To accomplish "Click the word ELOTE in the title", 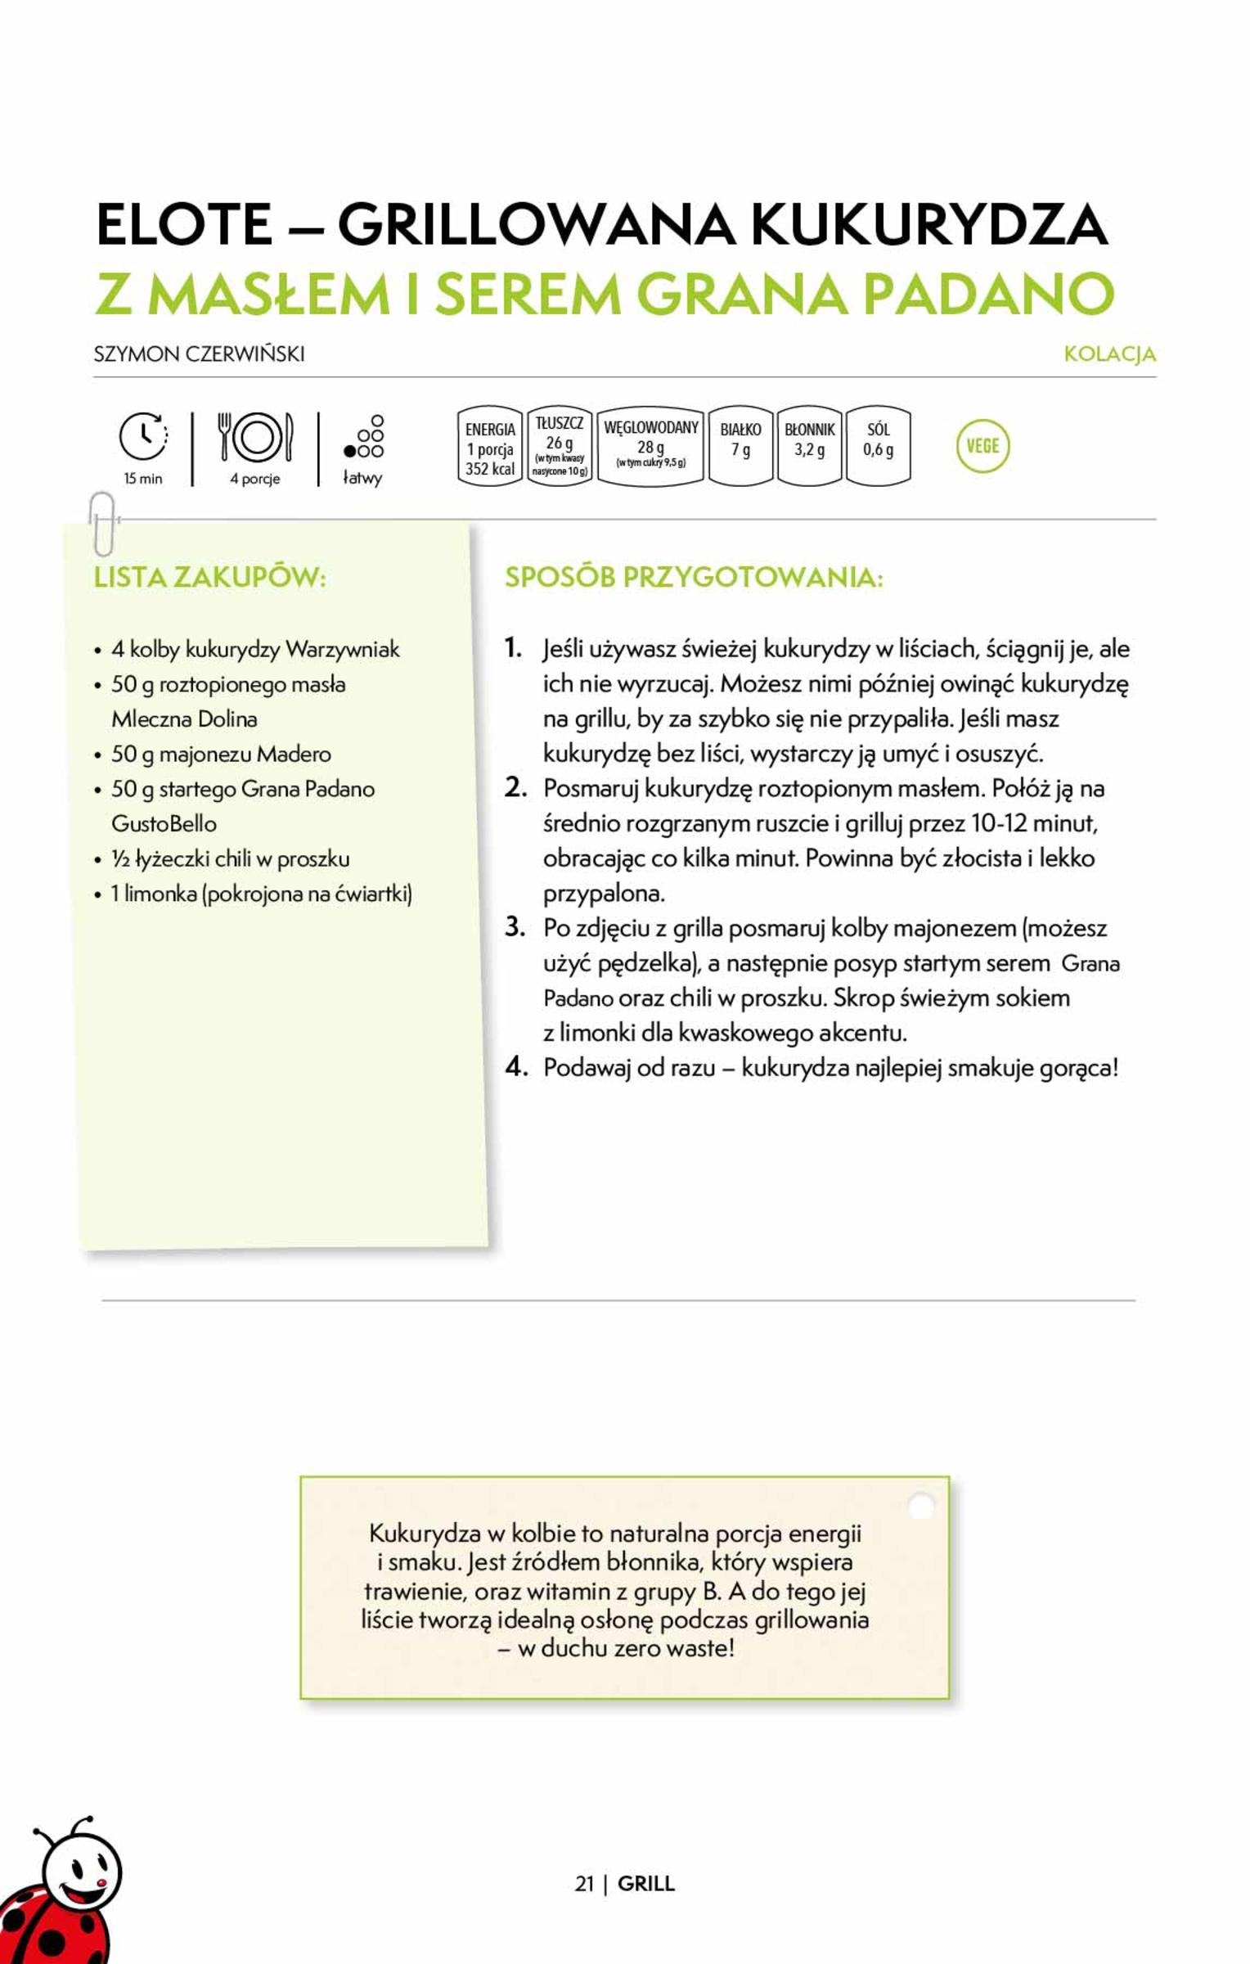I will pyautogui.click(x=184, y=223).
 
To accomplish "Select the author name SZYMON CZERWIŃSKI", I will pyautogui.click(x=199, y=354).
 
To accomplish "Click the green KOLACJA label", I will pyautogui.click(x=1109, y=354).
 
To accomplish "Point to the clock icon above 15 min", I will pyautogui.click(x=143, y=436).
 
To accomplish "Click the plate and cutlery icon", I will pyautogui.click(x=255, y=437).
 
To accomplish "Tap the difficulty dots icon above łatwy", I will pyautogui.click(x=364, y=437).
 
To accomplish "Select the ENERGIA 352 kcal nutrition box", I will pyautogui.click(x=489, y=447).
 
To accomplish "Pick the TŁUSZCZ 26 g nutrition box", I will pyautogui.click(x=560, y=447).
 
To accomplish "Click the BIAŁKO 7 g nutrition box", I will pyautogui.click(x=740, y=447).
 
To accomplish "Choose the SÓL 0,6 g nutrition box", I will pyautogui.click(x=878, y=447).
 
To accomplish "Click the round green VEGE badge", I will pyautogui.click(x=982, y=446).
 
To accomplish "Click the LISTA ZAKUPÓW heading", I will pyautogui.click(x=209, y=577).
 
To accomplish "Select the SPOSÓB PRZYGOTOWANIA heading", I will pyautogui.click(x=694, y=577).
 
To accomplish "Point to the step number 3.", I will pyautogui.click(x=515, y=927).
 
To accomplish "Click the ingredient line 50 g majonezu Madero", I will pyautogui.click(x=221, y=754).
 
